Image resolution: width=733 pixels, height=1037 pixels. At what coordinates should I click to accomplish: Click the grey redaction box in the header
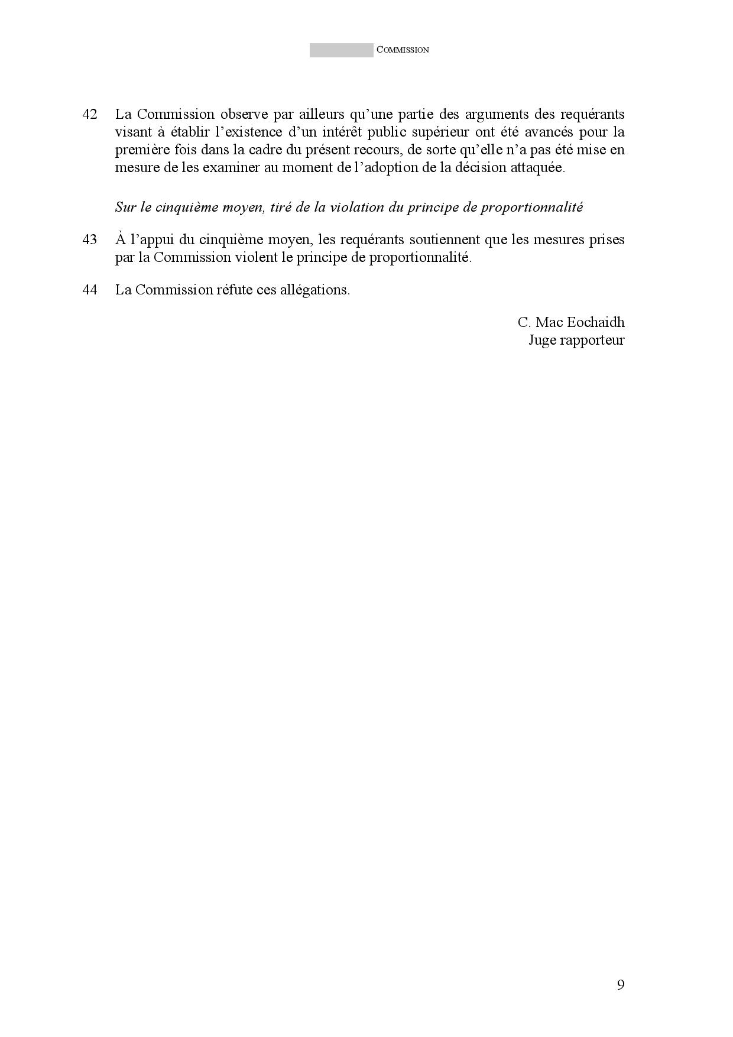click(341, 50)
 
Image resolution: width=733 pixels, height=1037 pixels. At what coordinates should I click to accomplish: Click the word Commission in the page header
click(403, 50)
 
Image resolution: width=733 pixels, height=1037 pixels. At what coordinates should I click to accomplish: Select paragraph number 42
click(90, 114)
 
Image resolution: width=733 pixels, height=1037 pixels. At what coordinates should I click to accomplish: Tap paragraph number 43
click(90, 240)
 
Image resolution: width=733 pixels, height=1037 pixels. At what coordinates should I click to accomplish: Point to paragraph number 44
click(90, 290)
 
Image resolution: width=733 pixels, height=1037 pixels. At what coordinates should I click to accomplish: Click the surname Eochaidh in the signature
click(596, 322)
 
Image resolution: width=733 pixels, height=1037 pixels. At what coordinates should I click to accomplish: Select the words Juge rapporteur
click(576, 341)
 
